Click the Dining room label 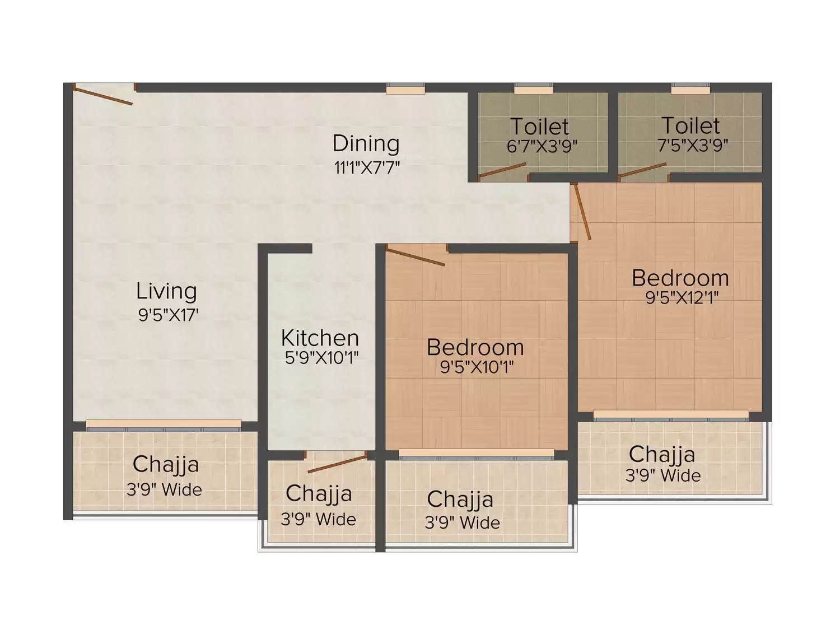(x=366, y=144)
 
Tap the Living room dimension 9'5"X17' (x=169, y=315)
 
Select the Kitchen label (x=320, y=338)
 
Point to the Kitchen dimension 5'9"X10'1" (x=321, y=358)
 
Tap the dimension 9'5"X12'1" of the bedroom (x=682, y=297)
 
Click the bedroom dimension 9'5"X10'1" (x=477, y=367)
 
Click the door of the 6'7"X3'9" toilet (x=502, y=170)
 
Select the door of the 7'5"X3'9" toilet (x=643, y=170)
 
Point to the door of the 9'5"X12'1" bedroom (x=582, y=212)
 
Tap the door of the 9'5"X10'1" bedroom (x=416, y=256)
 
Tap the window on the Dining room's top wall (x=405, y=88)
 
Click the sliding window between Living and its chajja (x=164, y=425)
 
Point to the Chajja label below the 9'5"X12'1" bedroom (x=662, y=455)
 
